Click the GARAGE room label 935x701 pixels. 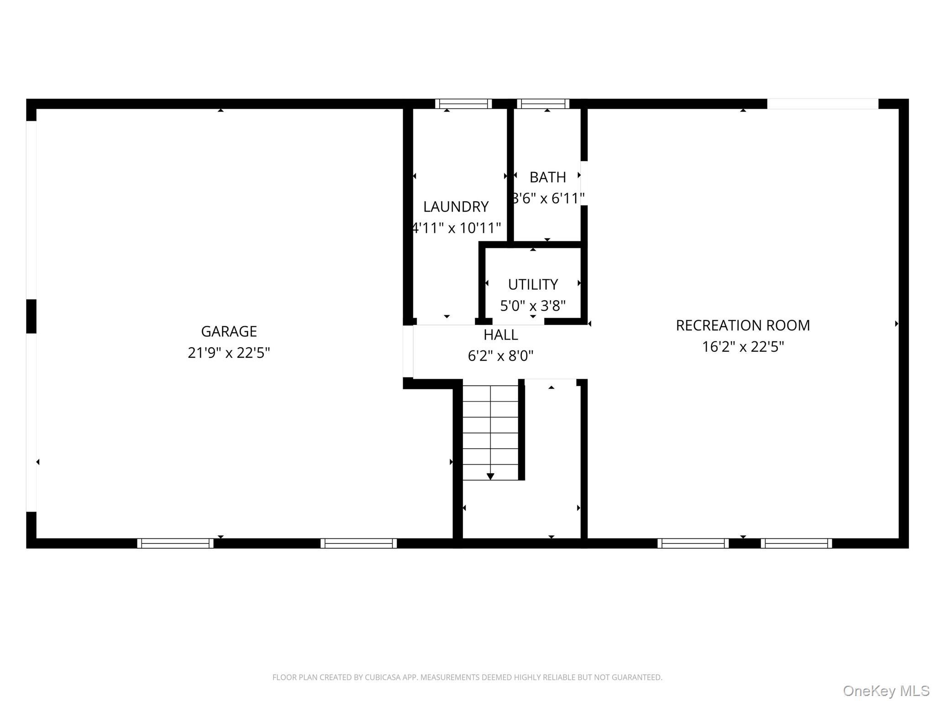(x=229, y=331)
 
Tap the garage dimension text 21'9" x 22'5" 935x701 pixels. (x=229, y=353)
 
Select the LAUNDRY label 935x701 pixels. (x=456, y=207)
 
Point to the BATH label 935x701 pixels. (x=547, y=177)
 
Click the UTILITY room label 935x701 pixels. (x=533, y=285)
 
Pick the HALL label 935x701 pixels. (x=501, y=335)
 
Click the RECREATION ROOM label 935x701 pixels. (x=743, y=325)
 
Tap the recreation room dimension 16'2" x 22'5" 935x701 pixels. (x=743, y=347)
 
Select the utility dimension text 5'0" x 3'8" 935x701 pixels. (x=533, y=306)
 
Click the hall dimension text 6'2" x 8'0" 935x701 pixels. (x=501, y=356)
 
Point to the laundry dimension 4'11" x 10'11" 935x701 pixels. (x=457, y=228)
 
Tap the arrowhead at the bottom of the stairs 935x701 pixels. (x=490, y=476)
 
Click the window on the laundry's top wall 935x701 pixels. (x=463, y=104)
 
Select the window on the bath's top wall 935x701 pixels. (x=543, y=104)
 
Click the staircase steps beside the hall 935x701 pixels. (x=490, y=433)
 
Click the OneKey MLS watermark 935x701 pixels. (x=886, y=691)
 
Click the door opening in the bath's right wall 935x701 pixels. (x=584, y=183)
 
